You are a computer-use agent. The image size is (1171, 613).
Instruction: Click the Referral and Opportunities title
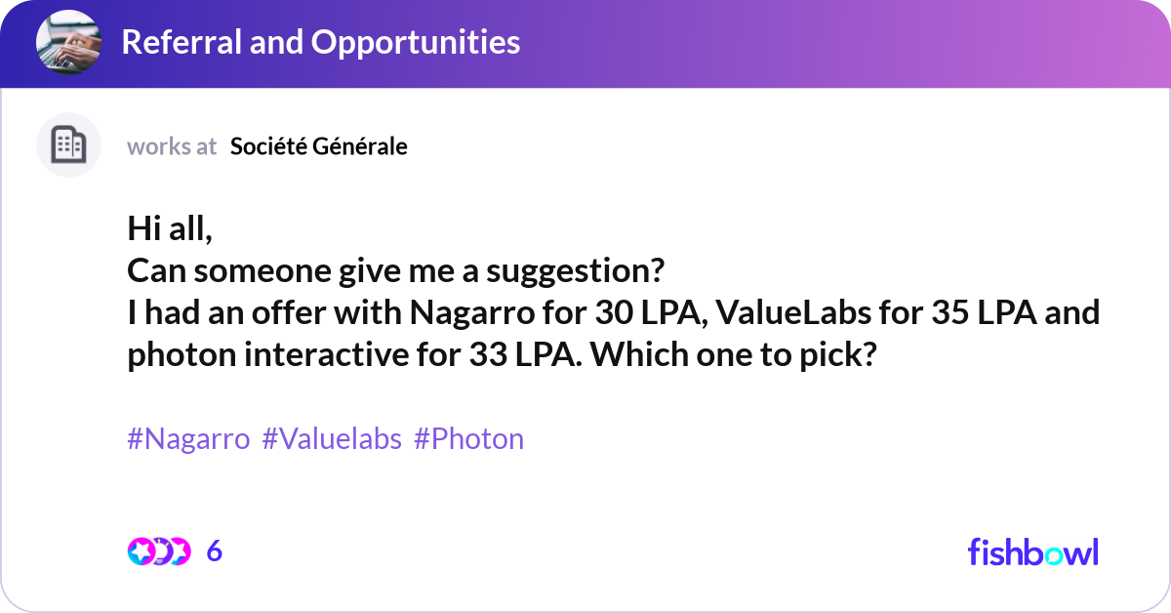320,42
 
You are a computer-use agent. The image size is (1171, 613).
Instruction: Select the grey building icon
68,145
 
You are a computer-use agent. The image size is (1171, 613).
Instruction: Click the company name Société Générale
319,146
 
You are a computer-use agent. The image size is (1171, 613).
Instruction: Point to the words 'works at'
172,146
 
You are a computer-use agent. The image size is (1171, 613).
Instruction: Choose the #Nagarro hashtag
188,439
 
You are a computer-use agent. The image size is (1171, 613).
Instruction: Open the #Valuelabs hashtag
332,439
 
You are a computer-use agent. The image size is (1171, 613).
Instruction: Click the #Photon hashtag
468,439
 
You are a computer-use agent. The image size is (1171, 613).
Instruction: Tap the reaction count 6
215,552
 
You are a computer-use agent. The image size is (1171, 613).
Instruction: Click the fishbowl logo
1032,552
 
